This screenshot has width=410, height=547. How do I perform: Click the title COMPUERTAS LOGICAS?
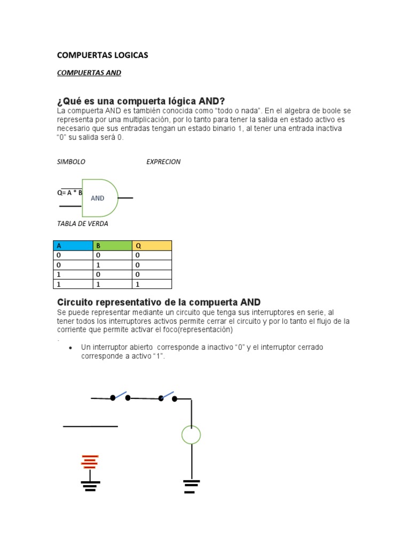click(x=102, y=55)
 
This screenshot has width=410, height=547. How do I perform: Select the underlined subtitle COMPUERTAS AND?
click(x=89, y=73)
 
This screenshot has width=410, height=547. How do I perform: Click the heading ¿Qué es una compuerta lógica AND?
click(x=141, y=101)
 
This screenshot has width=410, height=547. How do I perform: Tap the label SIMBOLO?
click(x=71, y=162)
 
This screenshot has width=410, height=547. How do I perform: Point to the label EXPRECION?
click(x=163, y=162)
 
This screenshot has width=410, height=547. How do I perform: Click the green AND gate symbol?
click(x=100, y=198)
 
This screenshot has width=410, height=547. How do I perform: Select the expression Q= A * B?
click(x=69, y=193)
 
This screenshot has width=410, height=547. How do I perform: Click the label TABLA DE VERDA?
click(x=82, y=224)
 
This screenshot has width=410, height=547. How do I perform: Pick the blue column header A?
click(x=74, y=246)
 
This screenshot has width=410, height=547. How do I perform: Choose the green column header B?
click(x=112, y=246)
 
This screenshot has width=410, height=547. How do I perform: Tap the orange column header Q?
click(x=152, y=246)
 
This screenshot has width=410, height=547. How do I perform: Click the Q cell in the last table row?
click(x=152, y=284)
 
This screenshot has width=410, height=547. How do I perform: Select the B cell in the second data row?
click(x=112, y=265)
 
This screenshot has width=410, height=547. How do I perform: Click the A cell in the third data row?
click(x=74, y=275)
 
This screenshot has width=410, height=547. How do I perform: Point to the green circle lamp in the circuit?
click(x=191, y=434)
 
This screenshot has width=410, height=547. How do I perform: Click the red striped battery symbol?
click(x=90, y=462)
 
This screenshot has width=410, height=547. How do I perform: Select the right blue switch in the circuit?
click(x=167, y=396)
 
